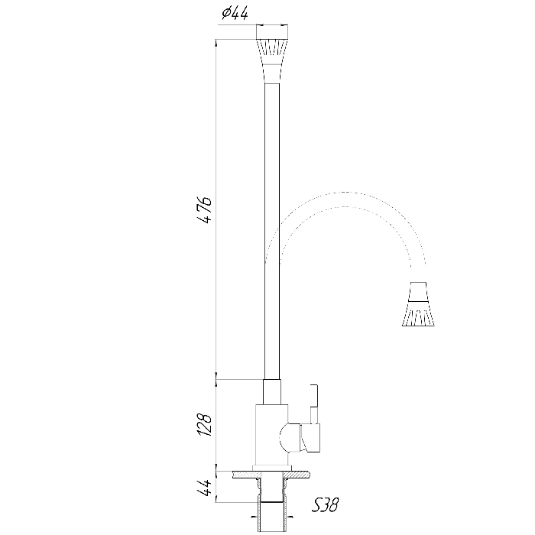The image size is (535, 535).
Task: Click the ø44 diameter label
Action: tap(235, 13)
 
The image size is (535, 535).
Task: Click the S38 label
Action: tap(325, 505)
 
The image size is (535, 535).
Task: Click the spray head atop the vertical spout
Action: tap(272, 53)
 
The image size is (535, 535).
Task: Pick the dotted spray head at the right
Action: tap(418, 304)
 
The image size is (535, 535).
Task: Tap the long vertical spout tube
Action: tap(272, 232)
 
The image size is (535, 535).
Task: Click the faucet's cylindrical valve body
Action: tap(271, 435)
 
